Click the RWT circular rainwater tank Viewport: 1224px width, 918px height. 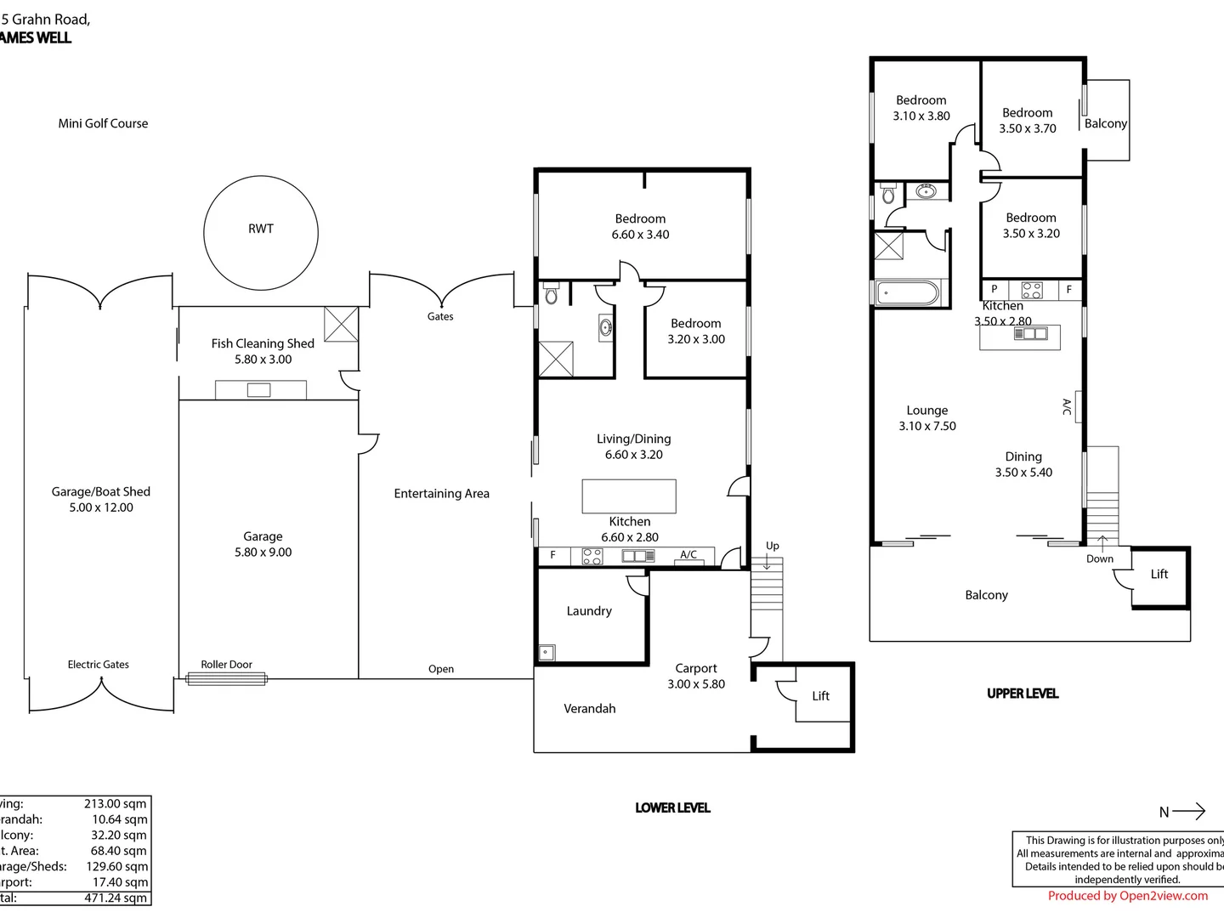(261, 232)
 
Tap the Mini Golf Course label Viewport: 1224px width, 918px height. (103, 123)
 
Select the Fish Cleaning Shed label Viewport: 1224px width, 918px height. (263, 343)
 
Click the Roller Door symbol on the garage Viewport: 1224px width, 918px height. (226, 678)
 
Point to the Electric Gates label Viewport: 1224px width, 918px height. (99, 665)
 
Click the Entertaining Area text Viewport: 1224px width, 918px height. (441, 494)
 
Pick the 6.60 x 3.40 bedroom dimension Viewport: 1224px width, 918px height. (640, 235)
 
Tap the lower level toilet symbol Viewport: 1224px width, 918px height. (551, 294)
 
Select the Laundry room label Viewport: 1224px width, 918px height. (589, 611)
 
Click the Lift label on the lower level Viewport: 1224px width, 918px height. (820, 696)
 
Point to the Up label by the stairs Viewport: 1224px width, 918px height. (772, 546)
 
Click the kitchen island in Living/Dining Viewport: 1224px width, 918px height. (629, 496)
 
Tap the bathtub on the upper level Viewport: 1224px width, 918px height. (906, 294)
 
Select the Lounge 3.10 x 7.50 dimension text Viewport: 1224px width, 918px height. (927, 427)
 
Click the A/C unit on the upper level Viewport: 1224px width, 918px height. (1078, 406)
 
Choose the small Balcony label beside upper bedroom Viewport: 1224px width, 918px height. (1106, 123)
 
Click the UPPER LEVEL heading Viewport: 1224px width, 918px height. (1023, 694)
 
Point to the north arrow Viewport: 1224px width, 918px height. (1188, 811)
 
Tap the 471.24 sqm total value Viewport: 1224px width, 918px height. (116, 898)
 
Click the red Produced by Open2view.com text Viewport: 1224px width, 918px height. (1127, 896)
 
